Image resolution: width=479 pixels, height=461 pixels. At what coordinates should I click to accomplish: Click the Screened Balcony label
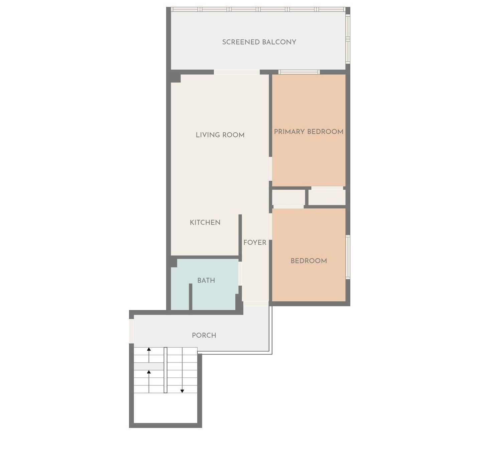click(x=259, y=42)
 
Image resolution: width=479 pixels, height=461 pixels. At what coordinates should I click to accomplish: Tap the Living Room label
click(x=220, y=135)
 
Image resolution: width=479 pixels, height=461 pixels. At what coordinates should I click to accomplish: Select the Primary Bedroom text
click(x=309, y=132)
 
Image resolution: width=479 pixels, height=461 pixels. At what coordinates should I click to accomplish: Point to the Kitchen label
click(x=205, y=222)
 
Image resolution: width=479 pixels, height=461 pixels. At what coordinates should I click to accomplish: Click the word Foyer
click(x=255, y=243)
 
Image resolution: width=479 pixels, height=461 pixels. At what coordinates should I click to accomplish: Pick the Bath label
click(x=206, y=280)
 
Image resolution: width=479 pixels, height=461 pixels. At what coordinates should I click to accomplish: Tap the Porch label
click(x=204, y=335)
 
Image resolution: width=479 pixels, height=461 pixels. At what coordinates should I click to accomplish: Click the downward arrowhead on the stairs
click(x=182, y=391)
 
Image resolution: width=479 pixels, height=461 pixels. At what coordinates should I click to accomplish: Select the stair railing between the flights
click(x=165, y=370)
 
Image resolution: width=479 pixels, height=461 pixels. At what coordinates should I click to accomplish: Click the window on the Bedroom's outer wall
click(x=348, y=257)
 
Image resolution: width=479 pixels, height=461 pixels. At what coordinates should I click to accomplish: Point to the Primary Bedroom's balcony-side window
click(x=299, y=72)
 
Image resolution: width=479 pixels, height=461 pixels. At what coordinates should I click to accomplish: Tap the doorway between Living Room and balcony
click(x=237, y=72)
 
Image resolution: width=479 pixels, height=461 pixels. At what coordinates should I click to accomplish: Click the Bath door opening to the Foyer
click(x=240, y=274)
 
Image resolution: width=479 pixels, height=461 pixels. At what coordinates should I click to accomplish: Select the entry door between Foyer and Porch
click(x=256, y=304)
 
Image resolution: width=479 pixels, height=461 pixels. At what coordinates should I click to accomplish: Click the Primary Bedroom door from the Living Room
click(x=270, y=169)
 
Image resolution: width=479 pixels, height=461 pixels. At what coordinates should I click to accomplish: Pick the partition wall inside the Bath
click(x=191, y=297)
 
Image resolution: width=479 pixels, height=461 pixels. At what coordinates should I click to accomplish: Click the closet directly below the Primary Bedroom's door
click(x=327, y=197)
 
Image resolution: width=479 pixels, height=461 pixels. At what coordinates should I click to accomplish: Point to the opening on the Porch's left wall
click(x=131, y=331)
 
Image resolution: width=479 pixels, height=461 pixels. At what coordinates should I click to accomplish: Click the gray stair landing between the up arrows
click(x=149, y=366)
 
